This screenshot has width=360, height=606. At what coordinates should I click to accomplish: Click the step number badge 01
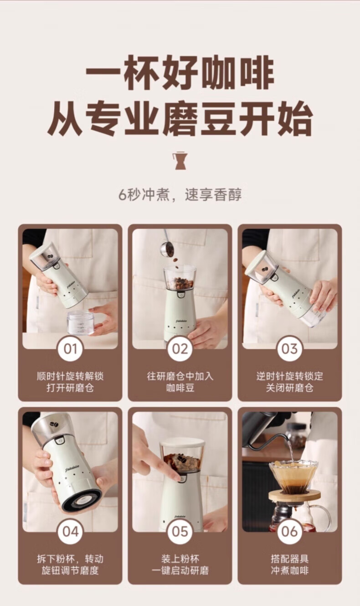70,348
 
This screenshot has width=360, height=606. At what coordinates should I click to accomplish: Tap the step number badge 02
180,348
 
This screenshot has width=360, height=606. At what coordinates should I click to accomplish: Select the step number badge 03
289,348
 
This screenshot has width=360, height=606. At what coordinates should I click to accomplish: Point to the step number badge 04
70,532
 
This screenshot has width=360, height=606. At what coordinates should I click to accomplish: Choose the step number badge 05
180,532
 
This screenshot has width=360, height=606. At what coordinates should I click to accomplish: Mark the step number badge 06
289,532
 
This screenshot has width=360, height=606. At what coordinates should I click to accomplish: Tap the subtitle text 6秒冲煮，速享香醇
180,195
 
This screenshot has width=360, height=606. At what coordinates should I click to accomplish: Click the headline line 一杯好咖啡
180,72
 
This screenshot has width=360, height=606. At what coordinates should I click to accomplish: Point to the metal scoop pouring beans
167,245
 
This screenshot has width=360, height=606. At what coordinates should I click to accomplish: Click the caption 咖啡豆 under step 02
180,388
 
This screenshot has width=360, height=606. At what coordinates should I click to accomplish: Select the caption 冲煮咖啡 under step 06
289,571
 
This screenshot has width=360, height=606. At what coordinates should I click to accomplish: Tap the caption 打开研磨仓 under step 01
70,388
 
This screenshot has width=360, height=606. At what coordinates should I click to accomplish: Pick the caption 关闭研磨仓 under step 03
289,388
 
